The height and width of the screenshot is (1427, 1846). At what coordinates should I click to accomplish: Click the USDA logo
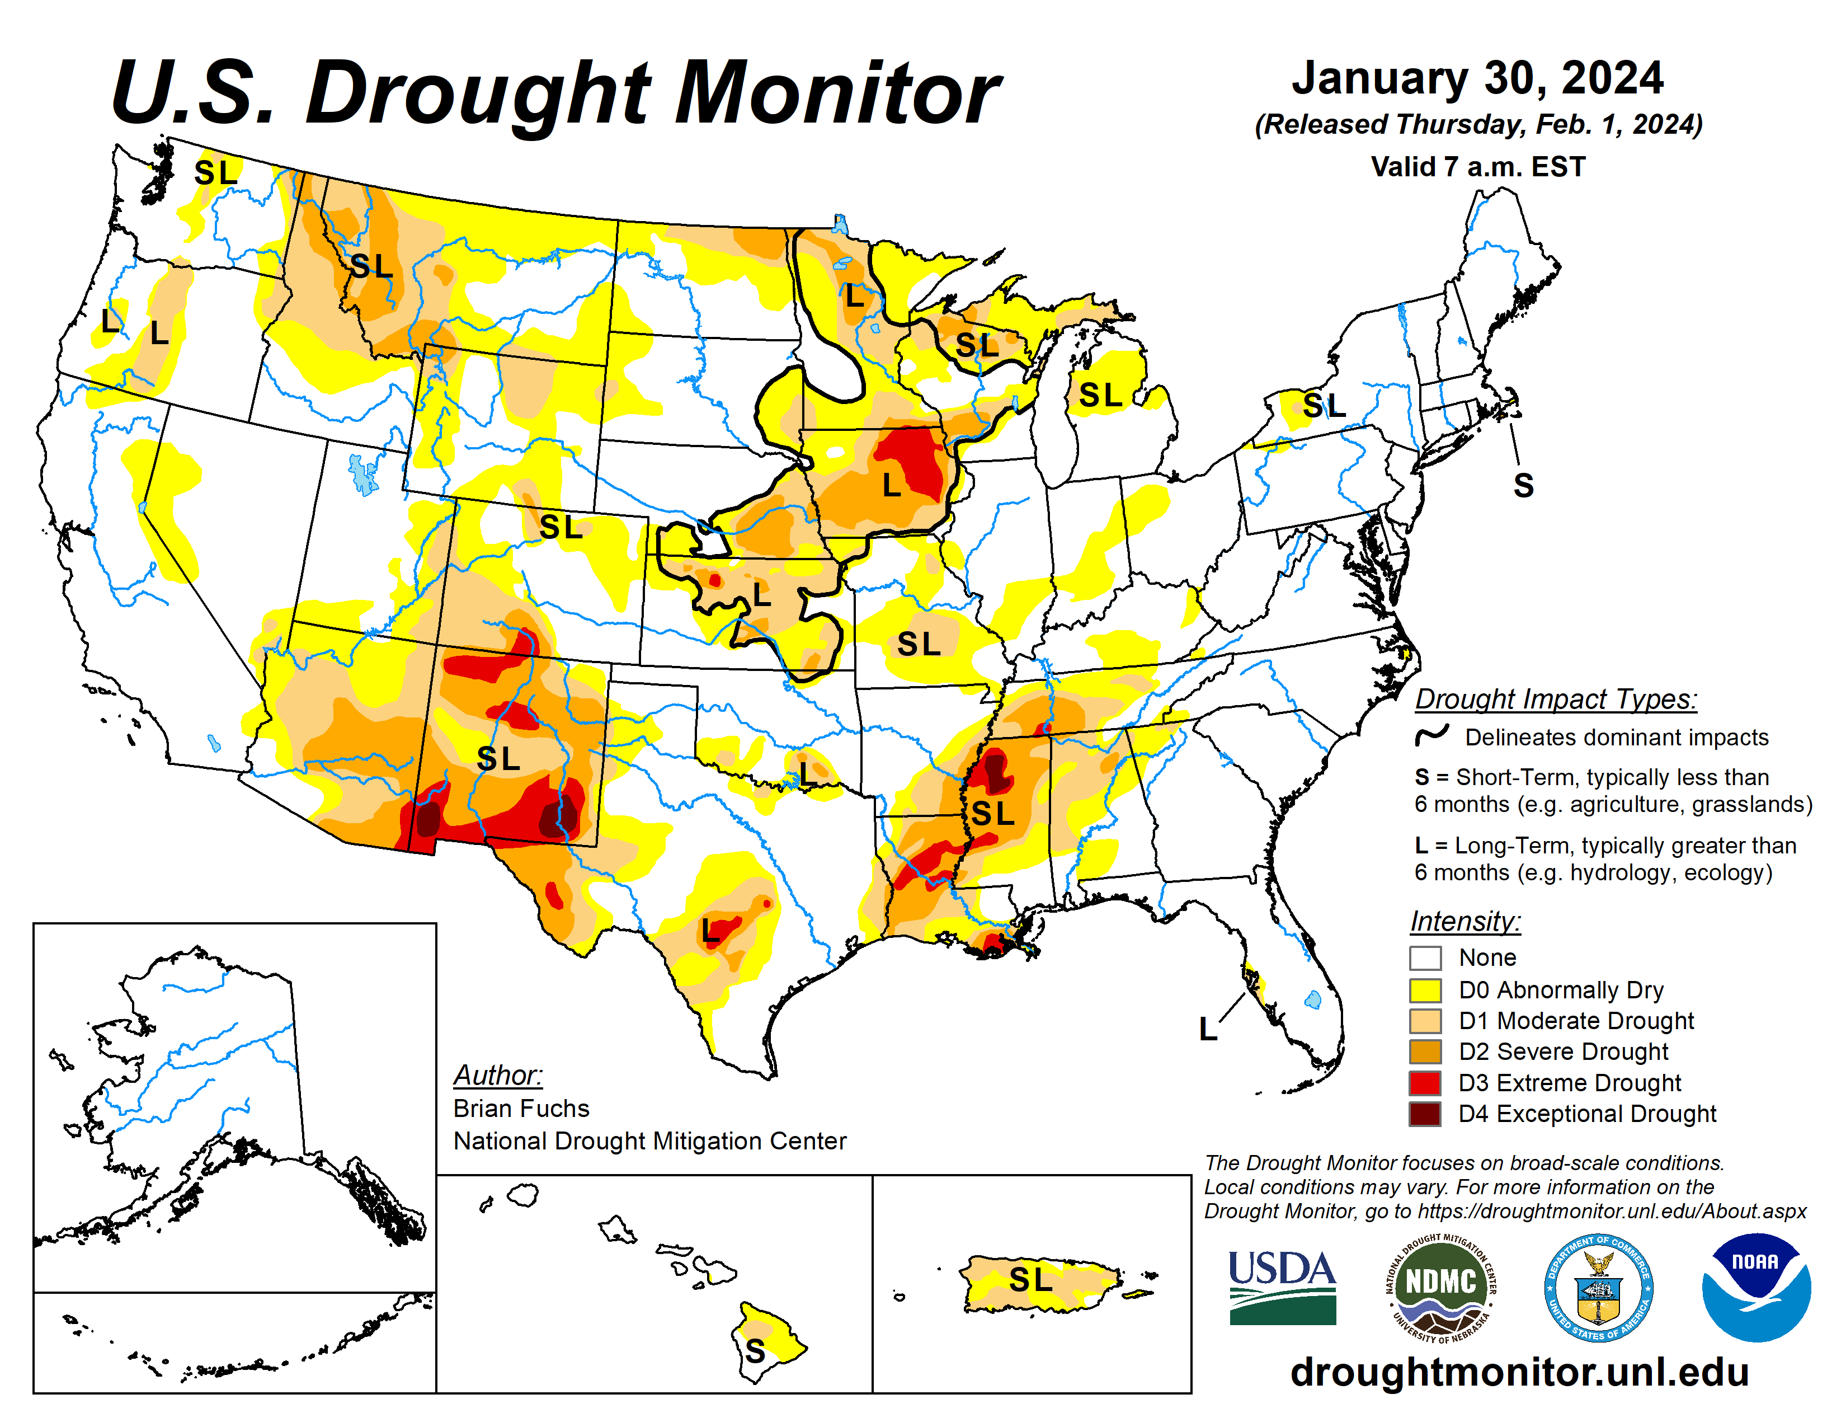(x=1282, y=1287)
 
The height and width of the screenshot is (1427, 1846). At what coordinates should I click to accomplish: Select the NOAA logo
(x=1755, y=1287)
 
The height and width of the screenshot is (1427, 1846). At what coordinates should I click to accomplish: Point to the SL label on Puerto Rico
(x=1030, y=1279)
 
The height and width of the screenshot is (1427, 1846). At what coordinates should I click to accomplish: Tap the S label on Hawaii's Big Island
(x=755, y=1350)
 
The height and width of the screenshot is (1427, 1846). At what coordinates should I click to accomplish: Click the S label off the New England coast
(x=1523, y=485)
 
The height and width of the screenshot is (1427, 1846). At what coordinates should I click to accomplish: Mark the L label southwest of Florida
(x=1208, y=1029)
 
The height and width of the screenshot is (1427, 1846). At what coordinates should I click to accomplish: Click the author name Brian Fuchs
(x=521, y=1107)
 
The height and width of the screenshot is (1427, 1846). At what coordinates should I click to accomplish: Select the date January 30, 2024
(x=1477, y=78)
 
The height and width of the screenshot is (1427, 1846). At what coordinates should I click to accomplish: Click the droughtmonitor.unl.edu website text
(x=1519, y=1371)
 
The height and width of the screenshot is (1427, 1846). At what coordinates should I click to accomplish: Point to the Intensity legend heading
(x=1465, y=921)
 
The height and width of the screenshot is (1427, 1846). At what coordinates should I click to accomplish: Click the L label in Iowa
(x=891, y=485)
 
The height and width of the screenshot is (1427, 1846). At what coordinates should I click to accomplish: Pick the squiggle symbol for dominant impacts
(x=1432, y=735)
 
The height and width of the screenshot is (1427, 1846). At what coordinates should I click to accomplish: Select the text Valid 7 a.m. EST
(x=1477, y=167)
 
